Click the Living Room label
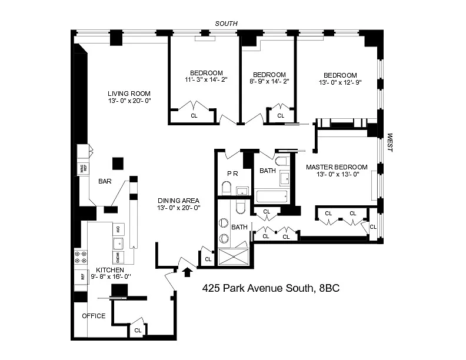(129, 94)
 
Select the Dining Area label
(179, 200)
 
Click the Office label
(94, 316)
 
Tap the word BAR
(105, 182)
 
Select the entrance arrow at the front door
(188, 271)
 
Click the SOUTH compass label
(226, 24)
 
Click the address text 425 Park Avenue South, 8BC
(271, 288)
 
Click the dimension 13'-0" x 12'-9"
(339, 82)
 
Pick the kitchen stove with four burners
(80, 258)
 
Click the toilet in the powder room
(227, 188)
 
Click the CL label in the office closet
(138, 331)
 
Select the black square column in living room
(118, 163)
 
